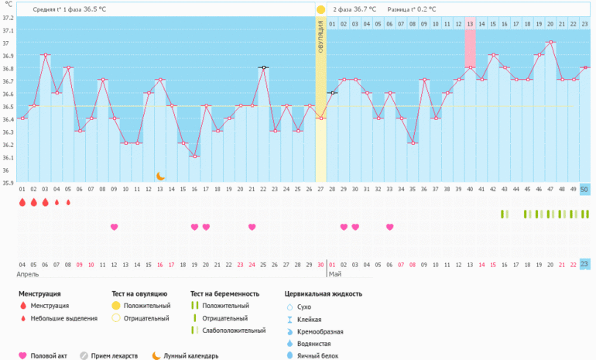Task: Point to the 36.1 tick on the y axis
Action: pyautogui.click(x=8, y=157)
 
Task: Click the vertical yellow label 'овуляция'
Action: pyautogui.click(x=320, y=39)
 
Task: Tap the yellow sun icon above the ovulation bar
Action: pyautogui.click(x=320, y=9)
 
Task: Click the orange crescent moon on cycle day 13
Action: pyautogui.click(x=160, y=177)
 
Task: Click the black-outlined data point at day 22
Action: pyautogui.click(x=263, y=67)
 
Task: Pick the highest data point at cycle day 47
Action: pyautogui.click(x=550, y=42)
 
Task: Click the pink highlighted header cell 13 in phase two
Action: pyautogui.click(x=470, y=24)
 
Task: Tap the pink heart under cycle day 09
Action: pyautogui.click(x=114, y=227)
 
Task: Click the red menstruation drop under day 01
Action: pyautogui.click(x=22, y=203)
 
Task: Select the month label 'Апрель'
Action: pyautogui.click(x=29, y=274)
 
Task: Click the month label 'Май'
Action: pyautogui.click(x=335, y=274)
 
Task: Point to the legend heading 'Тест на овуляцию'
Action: pyautogui.click(x=139, y=294)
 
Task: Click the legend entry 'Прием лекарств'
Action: pyautogui.click(x=114, y=356)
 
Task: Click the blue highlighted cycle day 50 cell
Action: pyautogui.click(x=584, y=189)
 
